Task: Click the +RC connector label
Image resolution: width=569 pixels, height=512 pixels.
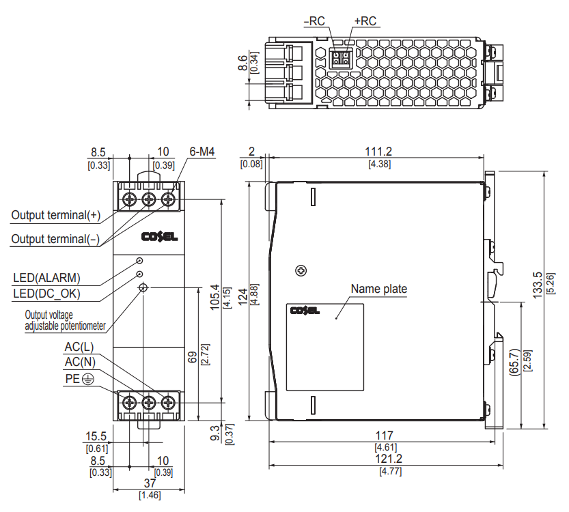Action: [365, 21]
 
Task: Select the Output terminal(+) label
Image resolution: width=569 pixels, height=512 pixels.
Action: [56, 215]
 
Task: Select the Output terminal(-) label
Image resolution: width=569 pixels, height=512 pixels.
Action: [56, 239]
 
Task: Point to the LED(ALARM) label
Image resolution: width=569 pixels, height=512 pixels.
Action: [46, 278]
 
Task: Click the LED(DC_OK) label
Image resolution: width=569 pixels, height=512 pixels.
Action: [46, 294]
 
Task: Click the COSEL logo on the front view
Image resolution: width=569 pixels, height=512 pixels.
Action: [159, 237]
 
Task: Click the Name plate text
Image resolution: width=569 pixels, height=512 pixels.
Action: [378, 289]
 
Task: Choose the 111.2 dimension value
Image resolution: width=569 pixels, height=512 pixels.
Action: [378, 152]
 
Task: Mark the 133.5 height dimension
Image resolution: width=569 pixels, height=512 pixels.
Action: [538, 285]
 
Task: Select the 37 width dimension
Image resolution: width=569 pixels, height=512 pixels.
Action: [149, 483]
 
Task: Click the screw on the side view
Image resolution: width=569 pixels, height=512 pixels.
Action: [300, 271]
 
